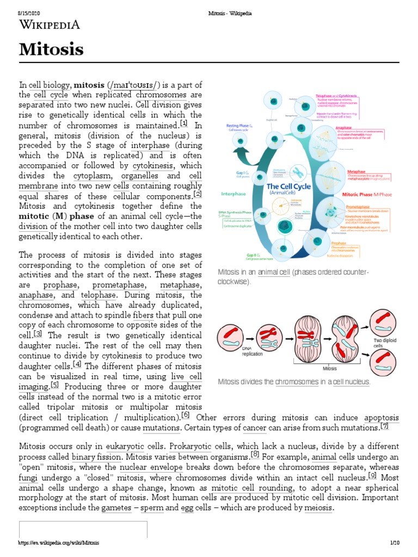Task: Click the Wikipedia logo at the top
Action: [50, 24]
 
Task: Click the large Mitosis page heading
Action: [52, 50]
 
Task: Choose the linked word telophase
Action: [95, 295]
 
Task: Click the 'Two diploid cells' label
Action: [382, 343]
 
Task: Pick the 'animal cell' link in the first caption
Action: [273, 271]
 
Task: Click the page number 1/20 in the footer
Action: [395, 543]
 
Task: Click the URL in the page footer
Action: [59, 543]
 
